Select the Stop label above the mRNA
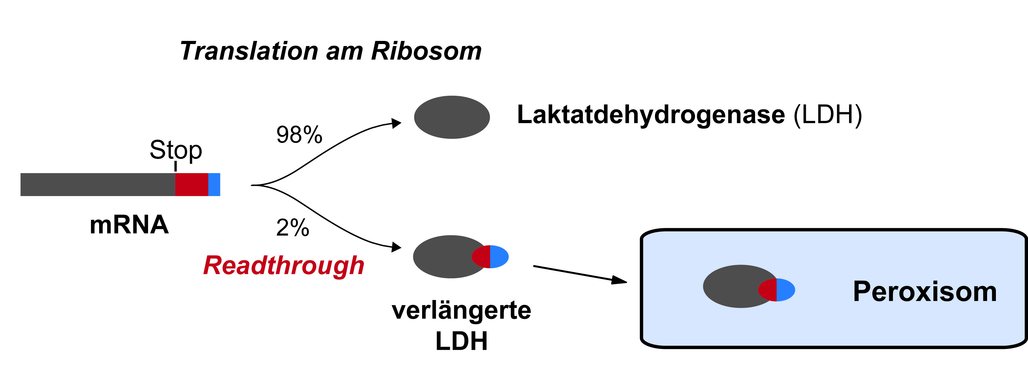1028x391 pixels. [x=176, y=150]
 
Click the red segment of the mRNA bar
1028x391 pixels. [x=191, y=184]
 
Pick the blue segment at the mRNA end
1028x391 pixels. [x=214, y=184]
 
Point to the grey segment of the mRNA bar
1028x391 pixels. [x=98, y=184]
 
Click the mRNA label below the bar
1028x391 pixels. [x=129, y=225]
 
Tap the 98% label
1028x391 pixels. [x=299, y=135]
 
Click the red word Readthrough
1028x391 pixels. [x=284, y=266]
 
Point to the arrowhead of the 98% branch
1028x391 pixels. [x=397, y=123]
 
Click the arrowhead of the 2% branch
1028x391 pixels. [x=397, y=247]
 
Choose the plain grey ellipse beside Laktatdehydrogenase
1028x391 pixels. [x=452, y=117]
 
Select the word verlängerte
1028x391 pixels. [x=461, y=310]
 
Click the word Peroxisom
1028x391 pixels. [x=925, y=292]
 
